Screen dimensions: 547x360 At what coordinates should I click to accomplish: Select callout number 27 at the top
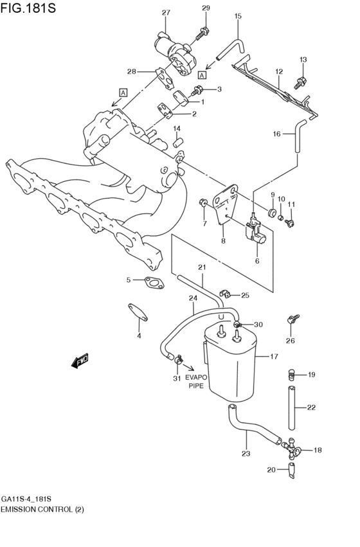pos(166,13)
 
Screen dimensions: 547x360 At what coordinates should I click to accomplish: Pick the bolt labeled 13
pos(299,82)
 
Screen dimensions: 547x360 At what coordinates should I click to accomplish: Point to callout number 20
pos(271,470)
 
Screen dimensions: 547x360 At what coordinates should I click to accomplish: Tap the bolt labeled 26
pos(292,319)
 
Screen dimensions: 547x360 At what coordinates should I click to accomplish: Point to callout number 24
pos(192,298)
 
